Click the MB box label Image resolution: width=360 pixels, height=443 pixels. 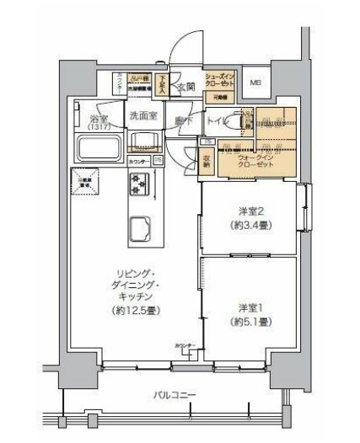click(256, 83)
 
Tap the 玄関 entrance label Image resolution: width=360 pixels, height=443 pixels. click(185, 88)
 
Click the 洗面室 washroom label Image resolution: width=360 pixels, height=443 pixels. click(142, 115)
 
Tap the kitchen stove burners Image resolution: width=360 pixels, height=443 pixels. click(137, 183)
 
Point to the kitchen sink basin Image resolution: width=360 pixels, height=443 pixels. click(137, 227)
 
